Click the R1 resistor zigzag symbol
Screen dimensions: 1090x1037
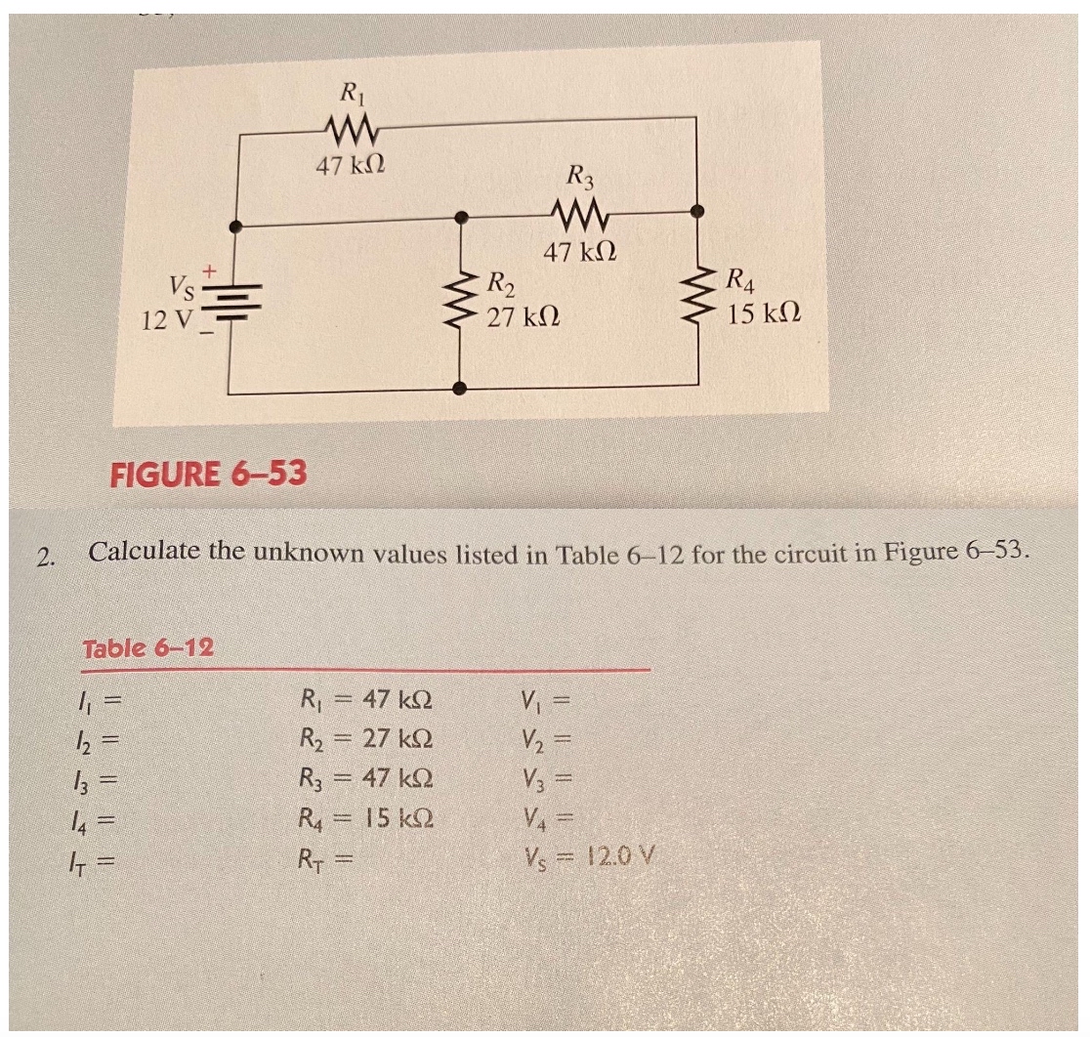[x=348, y=129]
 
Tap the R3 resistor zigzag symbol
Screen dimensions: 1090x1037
[x=581, y=212]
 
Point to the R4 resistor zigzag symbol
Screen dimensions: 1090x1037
[x=697, y=294]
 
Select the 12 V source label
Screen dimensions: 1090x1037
[x=168, y=318]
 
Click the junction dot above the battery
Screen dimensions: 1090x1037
[x=232, y=226]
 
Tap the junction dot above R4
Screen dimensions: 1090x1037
[x=696, y=211]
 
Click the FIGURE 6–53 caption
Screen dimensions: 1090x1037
[x=208, y=475]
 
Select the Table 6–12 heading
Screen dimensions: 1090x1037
[x=149, y=647]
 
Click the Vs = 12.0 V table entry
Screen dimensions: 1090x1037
[x=589, y=857]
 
